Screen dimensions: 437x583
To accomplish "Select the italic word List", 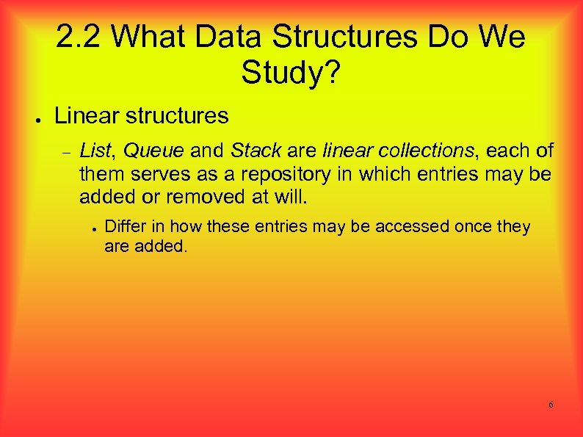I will (94, 151).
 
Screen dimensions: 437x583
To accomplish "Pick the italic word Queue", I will (153, 151).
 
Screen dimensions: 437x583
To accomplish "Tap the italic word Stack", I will (256, 151).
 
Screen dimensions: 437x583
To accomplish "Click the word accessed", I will (415, 226).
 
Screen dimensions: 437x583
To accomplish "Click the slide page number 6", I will (551, 405).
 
